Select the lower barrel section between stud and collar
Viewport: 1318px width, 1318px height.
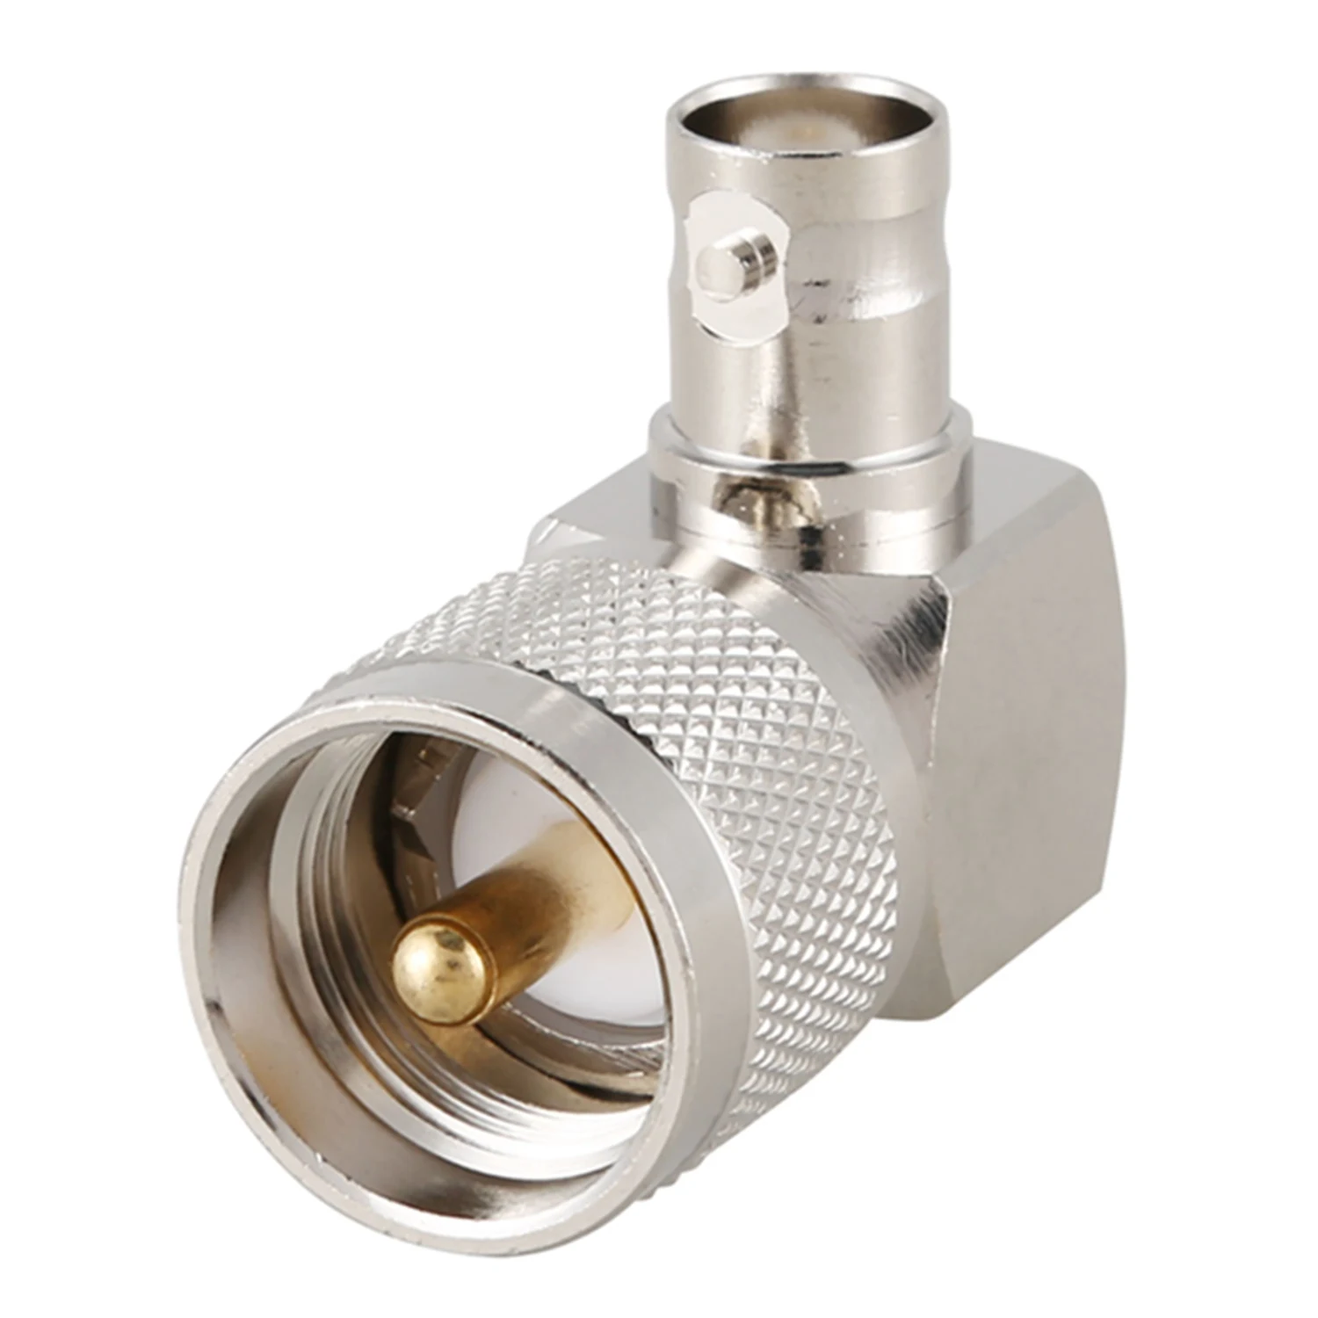[791, 378]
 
